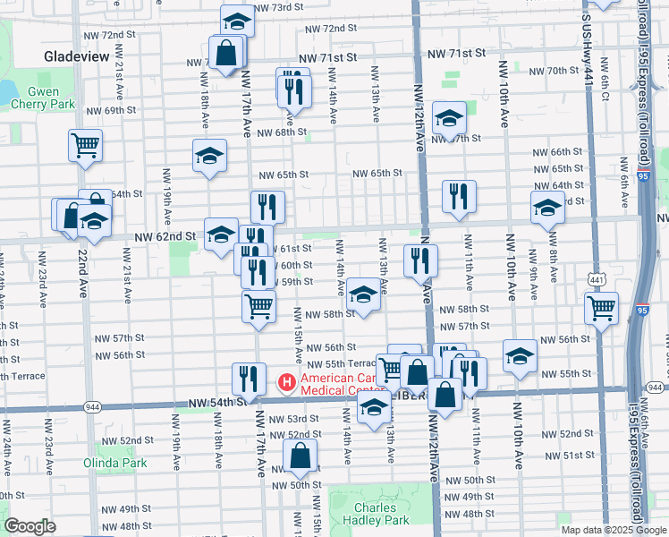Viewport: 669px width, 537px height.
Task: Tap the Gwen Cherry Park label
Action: pos(43,98)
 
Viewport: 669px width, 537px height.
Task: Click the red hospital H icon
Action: pos(286,383)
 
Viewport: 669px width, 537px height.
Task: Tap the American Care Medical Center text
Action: pos(343,383)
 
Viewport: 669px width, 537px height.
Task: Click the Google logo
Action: pos(30,526)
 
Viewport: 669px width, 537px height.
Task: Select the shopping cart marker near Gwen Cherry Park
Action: pos(85,144)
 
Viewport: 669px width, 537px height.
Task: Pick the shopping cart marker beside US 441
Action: pos(602,308)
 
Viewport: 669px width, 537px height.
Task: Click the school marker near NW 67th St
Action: pos(449,116)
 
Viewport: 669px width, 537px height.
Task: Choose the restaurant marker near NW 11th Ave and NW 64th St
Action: pos(459,196)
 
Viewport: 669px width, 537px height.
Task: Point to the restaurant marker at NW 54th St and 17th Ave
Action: pos(249,378)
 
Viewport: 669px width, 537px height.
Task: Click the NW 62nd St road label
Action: pos(165,236)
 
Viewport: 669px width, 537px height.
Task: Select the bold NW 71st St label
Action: pos(455,54)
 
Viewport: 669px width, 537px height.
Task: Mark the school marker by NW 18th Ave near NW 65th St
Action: pos(209,155)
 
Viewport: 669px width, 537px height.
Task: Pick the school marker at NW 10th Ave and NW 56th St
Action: pos(520,356)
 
